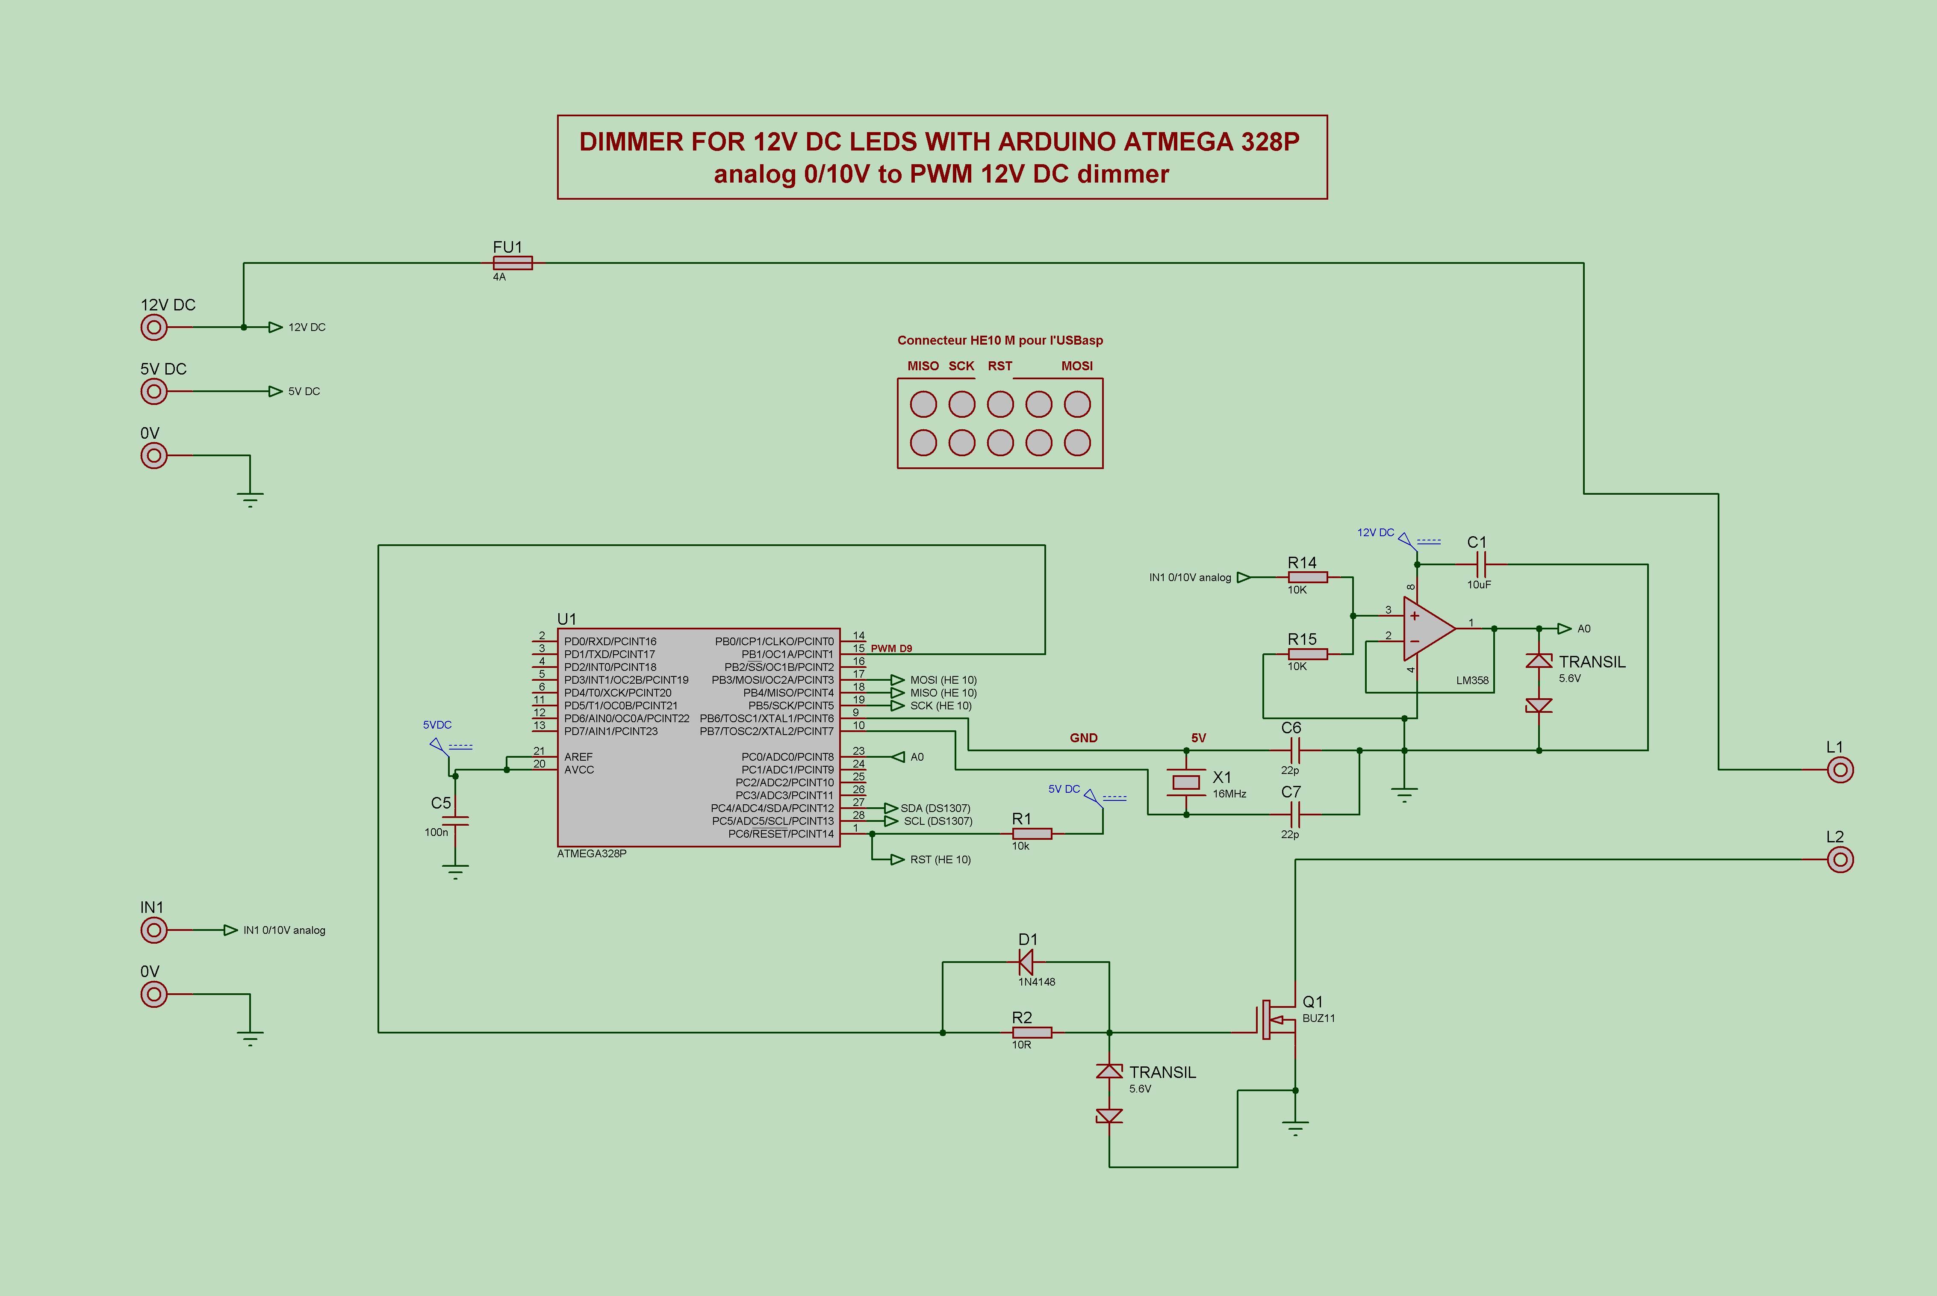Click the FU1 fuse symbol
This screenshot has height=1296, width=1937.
coord(512,263)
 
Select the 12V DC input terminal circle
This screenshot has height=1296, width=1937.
coord(154,327)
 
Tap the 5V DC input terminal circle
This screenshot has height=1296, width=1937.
coord(154,391)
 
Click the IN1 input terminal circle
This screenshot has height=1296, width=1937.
coord(154,930)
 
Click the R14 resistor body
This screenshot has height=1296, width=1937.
coord(1307,577)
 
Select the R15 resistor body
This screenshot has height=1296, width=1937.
coord(1307,654)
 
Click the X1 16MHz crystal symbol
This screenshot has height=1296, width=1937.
coord(1187,782)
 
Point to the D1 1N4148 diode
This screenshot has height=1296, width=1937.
coord(1026,962)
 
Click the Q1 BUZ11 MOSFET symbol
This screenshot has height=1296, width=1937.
coord(1277,1021)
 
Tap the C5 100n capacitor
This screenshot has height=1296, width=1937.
coord(455,821)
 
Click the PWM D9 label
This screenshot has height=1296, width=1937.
coord(891,649)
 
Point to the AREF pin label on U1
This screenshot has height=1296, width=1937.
coord(578,756)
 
